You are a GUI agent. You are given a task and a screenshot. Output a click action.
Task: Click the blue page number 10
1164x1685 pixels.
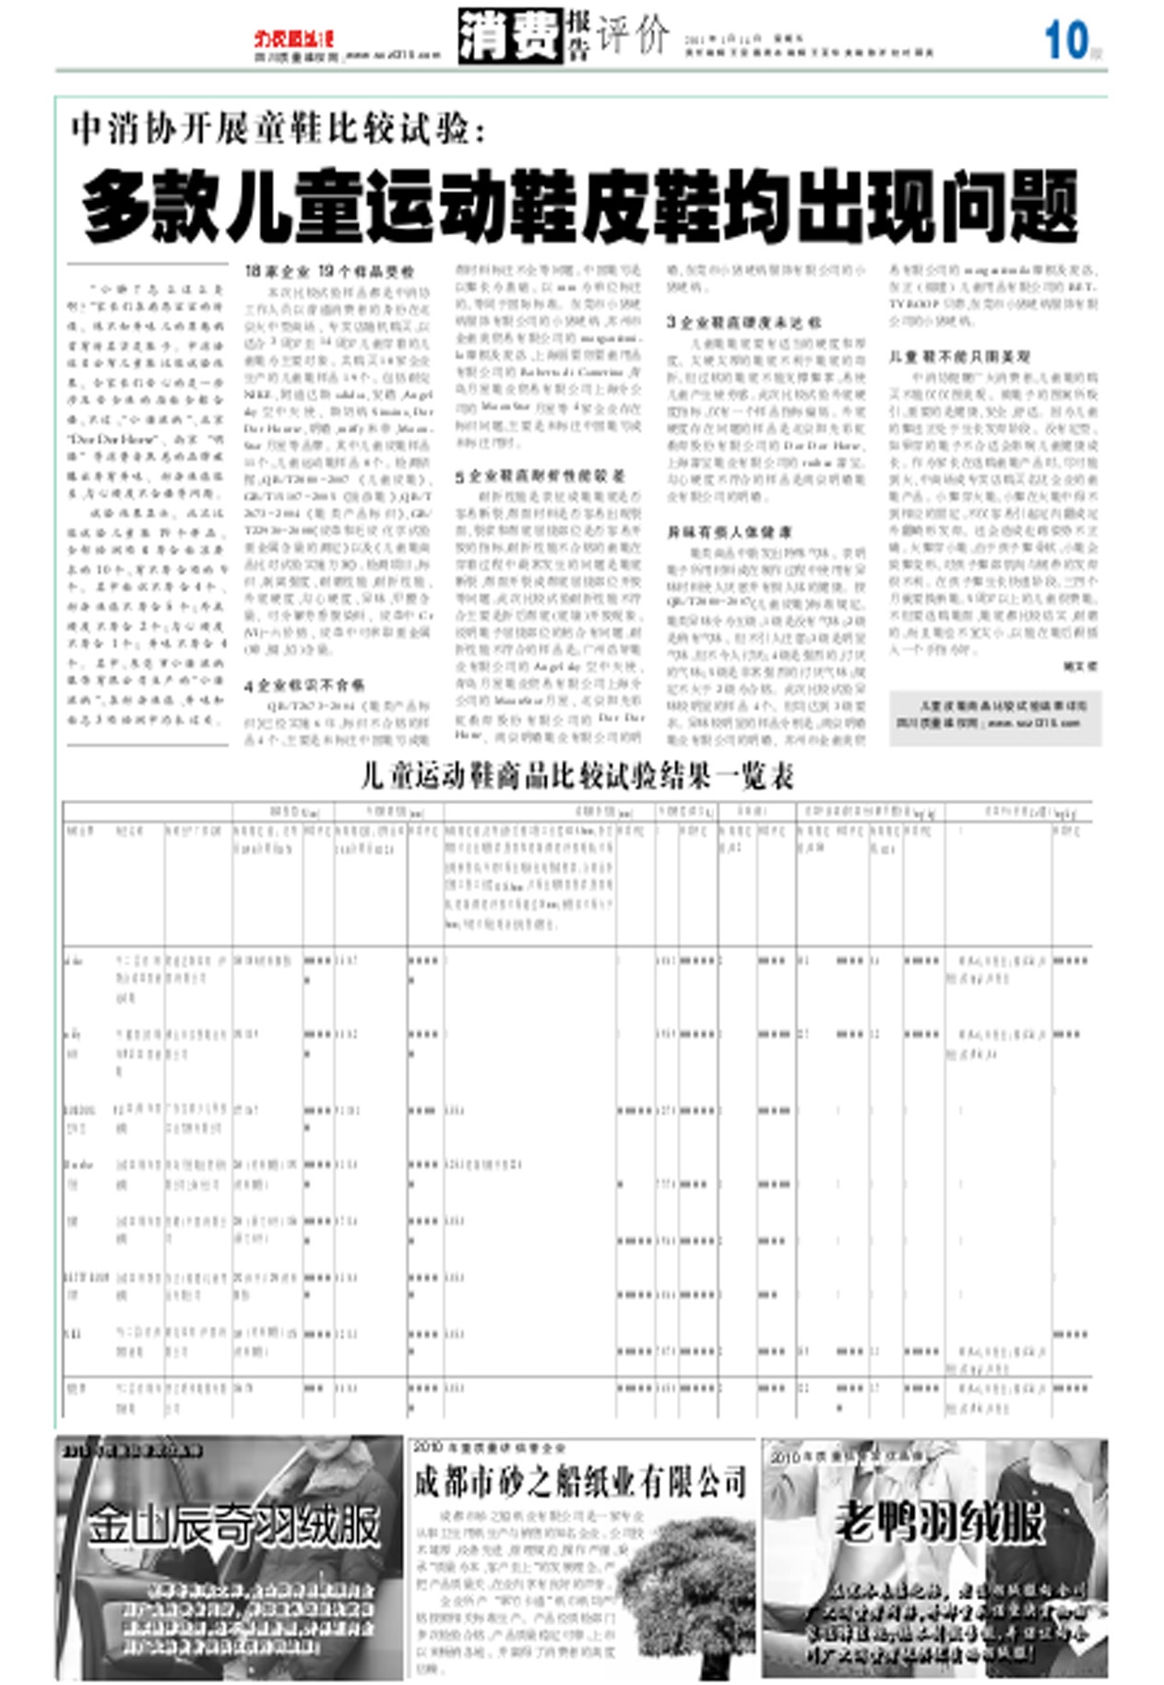click(1065, 42)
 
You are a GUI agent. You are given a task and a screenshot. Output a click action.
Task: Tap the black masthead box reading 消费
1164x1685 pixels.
click(509, 37)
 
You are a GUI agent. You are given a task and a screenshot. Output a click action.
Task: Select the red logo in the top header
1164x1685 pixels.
click(293, 39)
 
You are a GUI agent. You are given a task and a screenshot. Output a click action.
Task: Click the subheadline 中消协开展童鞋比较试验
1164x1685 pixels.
click(278, 128)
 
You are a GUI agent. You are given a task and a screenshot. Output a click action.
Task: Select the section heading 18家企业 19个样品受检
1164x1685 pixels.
click(329, 272)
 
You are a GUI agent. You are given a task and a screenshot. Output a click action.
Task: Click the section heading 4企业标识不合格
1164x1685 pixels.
click(304, 685)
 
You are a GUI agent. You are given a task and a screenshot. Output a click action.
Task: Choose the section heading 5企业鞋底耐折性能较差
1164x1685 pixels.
click(540, 476)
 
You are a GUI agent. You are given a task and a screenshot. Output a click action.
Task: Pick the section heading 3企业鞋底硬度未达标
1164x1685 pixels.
click(743, 322)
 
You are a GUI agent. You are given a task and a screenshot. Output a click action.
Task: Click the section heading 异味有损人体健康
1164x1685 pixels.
click(729, 532)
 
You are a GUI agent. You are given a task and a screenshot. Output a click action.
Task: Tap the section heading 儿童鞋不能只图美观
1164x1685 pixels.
click(959, 356)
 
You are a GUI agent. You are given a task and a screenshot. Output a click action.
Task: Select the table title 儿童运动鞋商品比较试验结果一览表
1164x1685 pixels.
click(577, 777)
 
